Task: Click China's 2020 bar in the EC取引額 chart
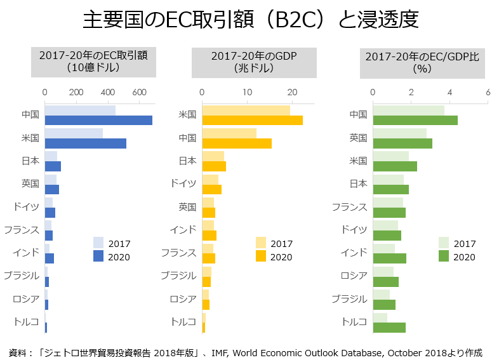coord(98,120)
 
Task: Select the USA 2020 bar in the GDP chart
coord(252,120)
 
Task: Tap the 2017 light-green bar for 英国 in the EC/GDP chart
coord(399,132)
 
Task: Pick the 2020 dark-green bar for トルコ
coord(389,328)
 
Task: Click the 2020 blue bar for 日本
coord(53,166)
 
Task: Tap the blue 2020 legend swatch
coord(98,256)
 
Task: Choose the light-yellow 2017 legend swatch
coord(261,243)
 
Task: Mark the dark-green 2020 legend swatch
coord(444,256)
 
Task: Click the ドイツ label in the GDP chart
coord(183,183)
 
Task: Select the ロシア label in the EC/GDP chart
coord(354,276)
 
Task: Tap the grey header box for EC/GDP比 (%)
coord(422,62)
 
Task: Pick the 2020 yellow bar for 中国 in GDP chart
coord(237,143)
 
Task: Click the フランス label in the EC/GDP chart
coord(350,207)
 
